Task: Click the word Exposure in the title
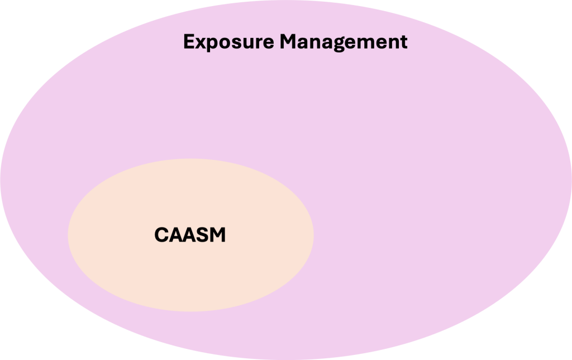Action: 228,42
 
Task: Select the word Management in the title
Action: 344,42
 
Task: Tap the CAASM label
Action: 190,235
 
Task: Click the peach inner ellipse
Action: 191,270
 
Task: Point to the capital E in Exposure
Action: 189,41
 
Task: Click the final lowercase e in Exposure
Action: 268,43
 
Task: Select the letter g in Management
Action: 339,45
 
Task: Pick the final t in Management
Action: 403,42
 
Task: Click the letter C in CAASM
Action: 161,235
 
